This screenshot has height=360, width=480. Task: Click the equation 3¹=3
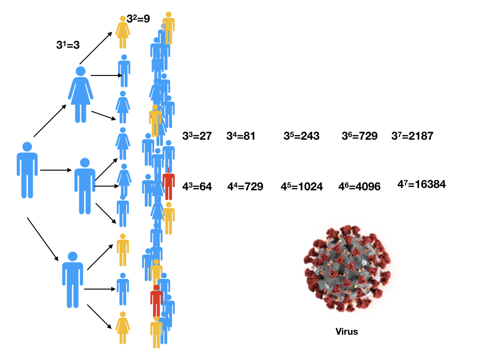68,45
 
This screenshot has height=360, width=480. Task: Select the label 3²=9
138,19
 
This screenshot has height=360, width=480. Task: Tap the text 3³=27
197,136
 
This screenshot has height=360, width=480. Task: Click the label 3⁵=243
301,136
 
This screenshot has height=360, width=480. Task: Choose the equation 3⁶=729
360,136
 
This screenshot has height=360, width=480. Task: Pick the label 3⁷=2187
412,136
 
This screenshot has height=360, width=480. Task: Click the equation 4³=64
197,187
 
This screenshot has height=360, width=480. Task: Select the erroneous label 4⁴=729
245,187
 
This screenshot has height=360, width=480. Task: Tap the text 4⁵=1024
301,187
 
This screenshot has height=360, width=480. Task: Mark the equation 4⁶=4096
359,187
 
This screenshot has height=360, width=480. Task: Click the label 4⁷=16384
421,185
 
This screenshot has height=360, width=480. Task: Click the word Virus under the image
346,332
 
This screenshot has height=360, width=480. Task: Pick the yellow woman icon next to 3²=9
123,32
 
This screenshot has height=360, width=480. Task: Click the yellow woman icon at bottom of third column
123,328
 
